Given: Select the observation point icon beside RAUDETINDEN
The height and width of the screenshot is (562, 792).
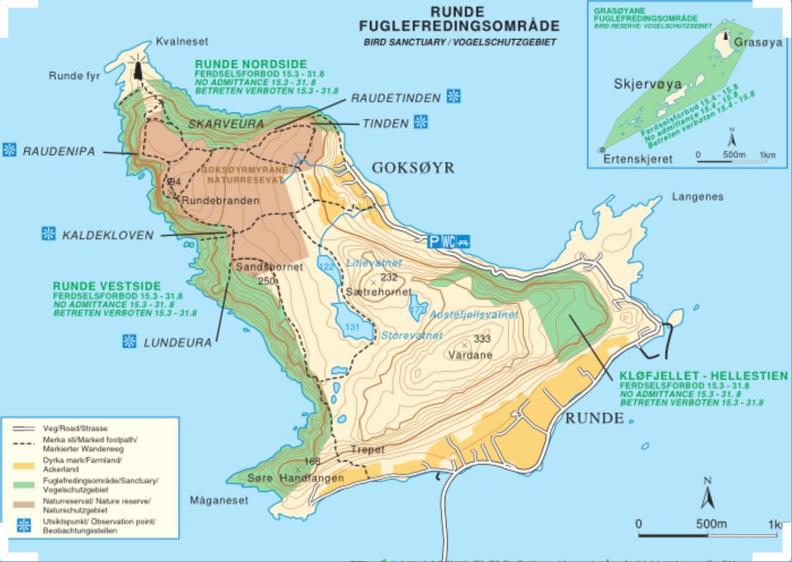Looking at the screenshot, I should (x=455, y=96).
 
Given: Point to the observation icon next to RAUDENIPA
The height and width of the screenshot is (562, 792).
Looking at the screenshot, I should (x=10, y=150).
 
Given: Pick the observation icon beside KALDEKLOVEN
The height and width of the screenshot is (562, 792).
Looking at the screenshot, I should (x=48, y=233).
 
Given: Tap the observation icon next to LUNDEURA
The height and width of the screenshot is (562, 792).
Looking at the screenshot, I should (x=129, y=342).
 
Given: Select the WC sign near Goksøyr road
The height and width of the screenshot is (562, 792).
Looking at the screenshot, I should (x=449, y=242).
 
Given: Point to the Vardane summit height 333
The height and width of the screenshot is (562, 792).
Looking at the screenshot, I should (x=482, y=339).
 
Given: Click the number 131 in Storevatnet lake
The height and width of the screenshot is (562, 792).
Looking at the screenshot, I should (x=353, y=327).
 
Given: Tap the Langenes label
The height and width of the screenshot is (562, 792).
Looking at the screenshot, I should (x=697, y=196).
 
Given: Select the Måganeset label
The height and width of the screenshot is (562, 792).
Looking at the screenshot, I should (x=219, y=500).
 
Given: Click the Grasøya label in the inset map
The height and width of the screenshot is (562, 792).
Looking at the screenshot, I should (x=758, y=42).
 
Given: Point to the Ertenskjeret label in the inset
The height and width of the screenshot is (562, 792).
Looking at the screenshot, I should (x=637, y=159).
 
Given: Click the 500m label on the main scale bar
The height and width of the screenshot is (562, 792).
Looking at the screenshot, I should (x=711, y=524).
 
